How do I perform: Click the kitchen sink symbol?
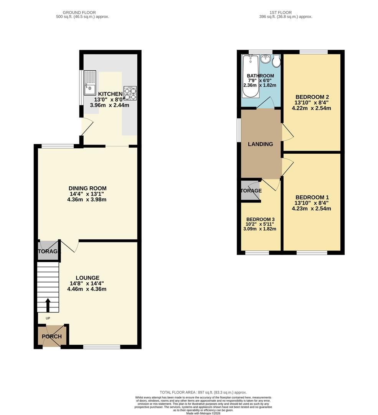[x=89, y=83]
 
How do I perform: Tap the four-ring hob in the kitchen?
[x=130, y=93]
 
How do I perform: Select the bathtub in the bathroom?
[x=250, y=75]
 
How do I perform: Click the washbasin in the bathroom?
[x=265, y=59]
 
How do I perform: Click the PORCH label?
[x=52, y=337]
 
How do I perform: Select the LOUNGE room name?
[x=87, y=278]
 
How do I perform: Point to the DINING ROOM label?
[x=87, y=188]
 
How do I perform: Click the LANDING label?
[x=261, y=144]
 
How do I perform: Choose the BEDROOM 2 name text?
[x=312, y=97]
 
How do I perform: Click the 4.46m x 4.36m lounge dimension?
[x=87, y=289]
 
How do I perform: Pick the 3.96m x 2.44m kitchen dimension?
[x=109, y=105]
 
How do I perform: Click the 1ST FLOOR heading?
[x=286, y=13]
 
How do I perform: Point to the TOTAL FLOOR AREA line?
[x=203, y=392]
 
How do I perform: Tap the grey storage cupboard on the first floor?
[x=250, y=191]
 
